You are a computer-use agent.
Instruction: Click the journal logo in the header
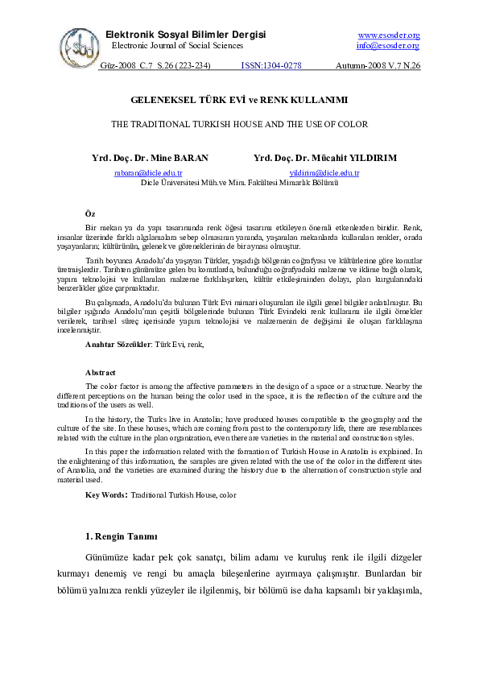tap(78, 43)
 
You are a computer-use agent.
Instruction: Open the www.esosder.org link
tap(388, 35)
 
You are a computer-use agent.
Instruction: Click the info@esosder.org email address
tap(388, 46)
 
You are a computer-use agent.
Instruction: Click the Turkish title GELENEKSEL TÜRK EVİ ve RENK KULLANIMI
tap(239, 101)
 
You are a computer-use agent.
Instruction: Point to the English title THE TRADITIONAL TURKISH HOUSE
tap(239, 125)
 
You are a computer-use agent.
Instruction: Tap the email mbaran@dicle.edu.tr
tap(148, 173)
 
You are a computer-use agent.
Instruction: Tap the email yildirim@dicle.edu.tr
tap(324, 173)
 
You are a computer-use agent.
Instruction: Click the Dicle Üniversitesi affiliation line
tap(239, 183)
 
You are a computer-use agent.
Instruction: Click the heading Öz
tap(90, 213)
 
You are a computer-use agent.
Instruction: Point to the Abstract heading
tap(101, 373)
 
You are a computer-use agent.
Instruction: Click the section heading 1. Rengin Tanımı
tap(121, 536)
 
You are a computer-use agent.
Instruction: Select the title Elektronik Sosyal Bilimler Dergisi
tap(185, 35)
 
